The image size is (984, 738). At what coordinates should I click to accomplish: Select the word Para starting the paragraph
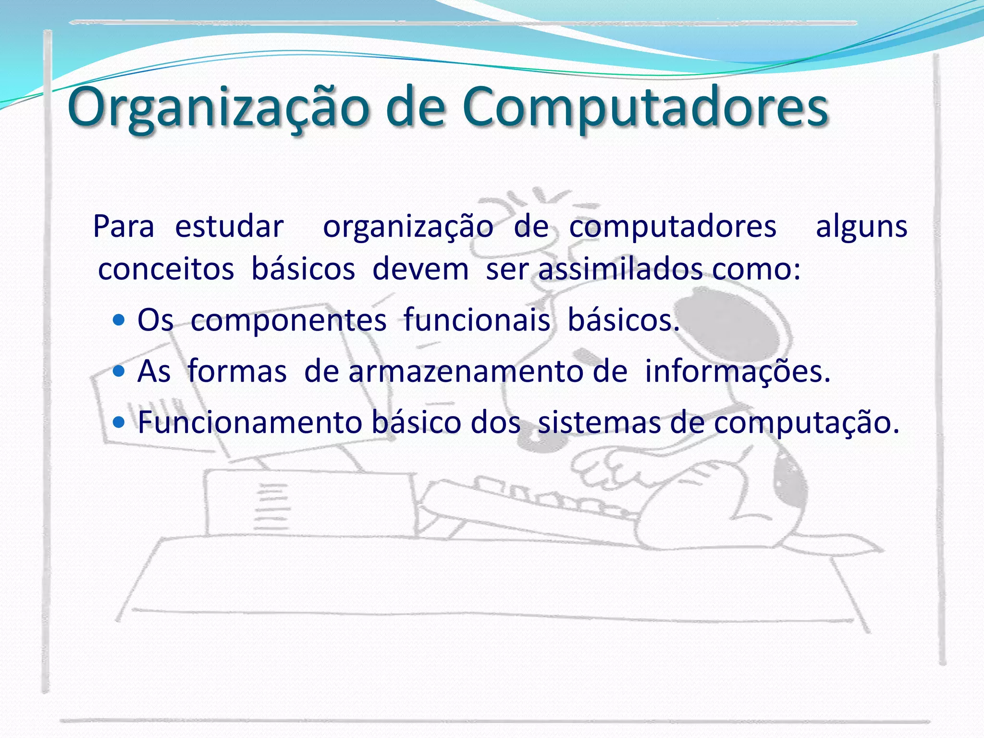pyautogui.click(x=123, y=226)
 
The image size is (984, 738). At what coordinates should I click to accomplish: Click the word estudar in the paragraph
pyautogui.click(x=229, y=226)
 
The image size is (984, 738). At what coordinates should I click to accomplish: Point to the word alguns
pyautogui.click(x=861, y=226)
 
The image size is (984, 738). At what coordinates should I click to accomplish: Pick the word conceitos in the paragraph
pyautogui.click(x=166, y=269)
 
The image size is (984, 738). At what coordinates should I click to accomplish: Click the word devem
pyautogui.click(x=420, y=269)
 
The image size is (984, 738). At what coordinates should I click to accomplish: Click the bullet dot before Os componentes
pyautogui.click(x=119, y=320)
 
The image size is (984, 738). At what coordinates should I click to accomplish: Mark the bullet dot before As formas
pyautogui.click(x=119, y=371)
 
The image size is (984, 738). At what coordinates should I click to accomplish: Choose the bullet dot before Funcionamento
pyautogui.click(x=119, y=422)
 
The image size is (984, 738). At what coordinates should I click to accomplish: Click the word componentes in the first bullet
pyautogui.click(x=288, y=320)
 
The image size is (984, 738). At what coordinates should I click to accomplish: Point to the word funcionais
pyautogui.click(x=477, y=320)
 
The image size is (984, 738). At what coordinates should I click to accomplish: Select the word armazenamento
pyautogui.click(x=488, y=371)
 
